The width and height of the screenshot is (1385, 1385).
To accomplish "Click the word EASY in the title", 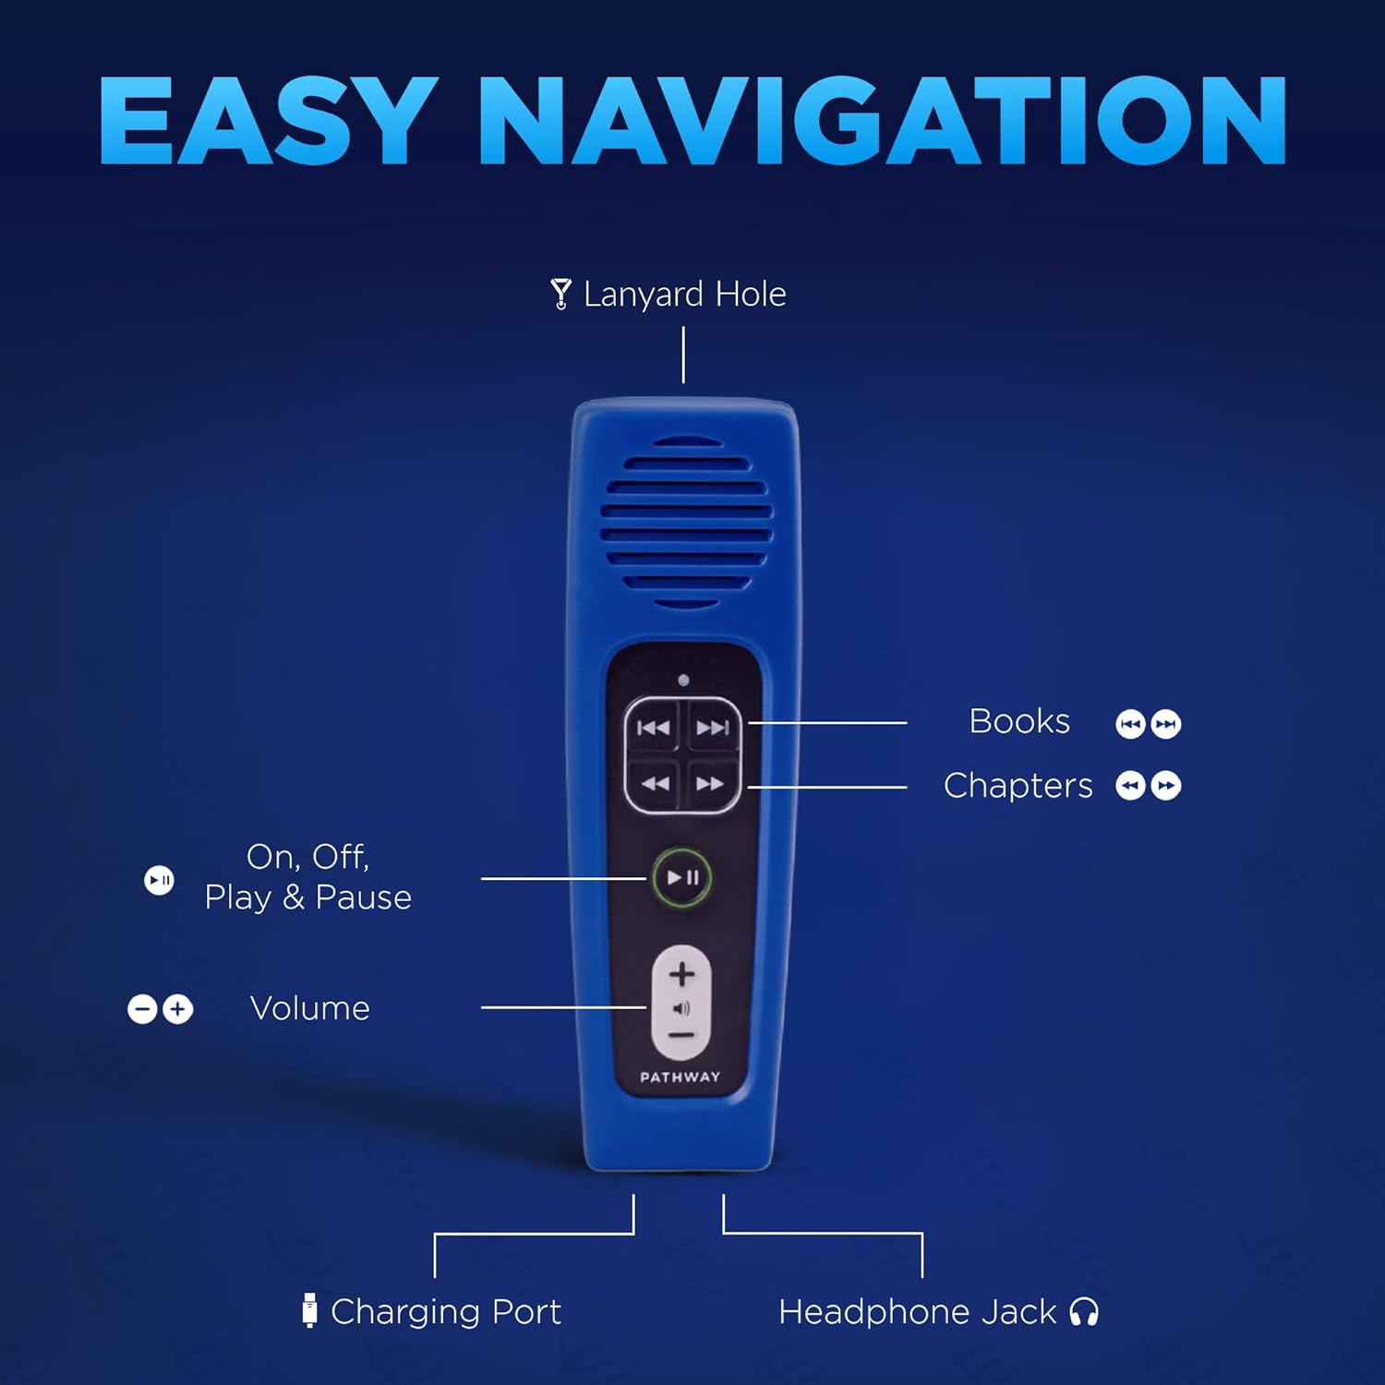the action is pos(268,120).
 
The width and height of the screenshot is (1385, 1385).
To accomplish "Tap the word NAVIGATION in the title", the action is pos(882,120).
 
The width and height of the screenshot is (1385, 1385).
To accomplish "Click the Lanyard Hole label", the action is pos(684,294).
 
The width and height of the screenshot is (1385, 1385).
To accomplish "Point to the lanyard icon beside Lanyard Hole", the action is pos(560,294).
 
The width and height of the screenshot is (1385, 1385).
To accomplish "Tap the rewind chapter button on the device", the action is pos(655,784).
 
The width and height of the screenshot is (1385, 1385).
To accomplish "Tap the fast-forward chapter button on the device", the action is pos(710,784).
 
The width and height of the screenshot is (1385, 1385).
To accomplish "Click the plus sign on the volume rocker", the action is pos(681,974).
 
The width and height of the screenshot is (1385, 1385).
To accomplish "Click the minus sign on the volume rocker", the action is pos(680,1036).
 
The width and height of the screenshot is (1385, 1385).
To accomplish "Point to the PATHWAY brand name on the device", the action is pos(680,1077).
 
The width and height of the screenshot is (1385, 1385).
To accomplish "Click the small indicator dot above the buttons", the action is pos(683,680).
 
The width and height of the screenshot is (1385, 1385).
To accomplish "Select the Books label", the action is pos(1019,721).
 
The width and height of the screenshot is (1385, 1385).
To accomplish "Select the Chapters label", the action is pos(1018,786).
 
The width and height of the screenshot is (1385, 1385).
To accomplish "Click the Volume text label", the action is pos(310,1008).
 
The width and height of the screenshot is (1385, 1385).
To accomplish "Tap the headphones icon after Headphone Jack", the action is pos(1084,1312).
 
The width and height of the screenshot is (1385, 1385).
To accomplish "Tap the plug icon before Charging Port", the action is pos(309,1311).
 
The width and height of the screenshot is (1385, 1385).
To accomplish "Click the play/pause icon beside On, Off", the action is pos(159,880).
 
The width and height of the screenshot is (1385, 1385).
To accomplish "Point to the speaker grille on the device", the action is pos(686,524).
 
